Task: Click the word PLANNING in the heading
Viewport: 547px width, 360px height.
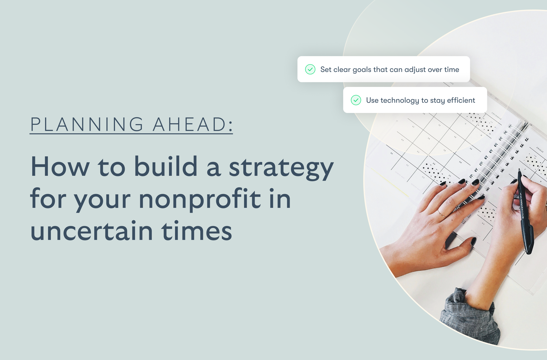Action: click(87, 124)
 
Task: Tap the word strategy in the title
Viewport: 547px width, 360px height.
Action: click(281, 167)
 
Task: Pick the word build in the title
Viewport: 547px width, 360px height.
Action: click(166, 166)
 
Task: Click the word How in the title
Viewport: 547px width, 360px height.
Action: click(60, 167)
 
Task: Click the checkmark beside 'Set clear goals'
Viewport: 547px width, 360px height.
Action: click(310, 69)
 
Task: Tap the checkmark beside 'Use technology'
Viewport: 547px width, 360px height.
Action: click(356, 100)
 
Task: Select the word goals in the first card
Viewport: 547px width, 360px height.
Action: click(362, 70)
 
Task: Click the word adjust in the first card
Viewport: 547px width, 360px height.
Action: click(415, 70)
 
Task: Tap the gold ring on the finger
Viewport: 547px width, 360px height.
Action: click(442, 214)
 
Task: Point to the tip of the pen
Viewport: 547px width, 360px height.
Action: click(519, 170)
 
